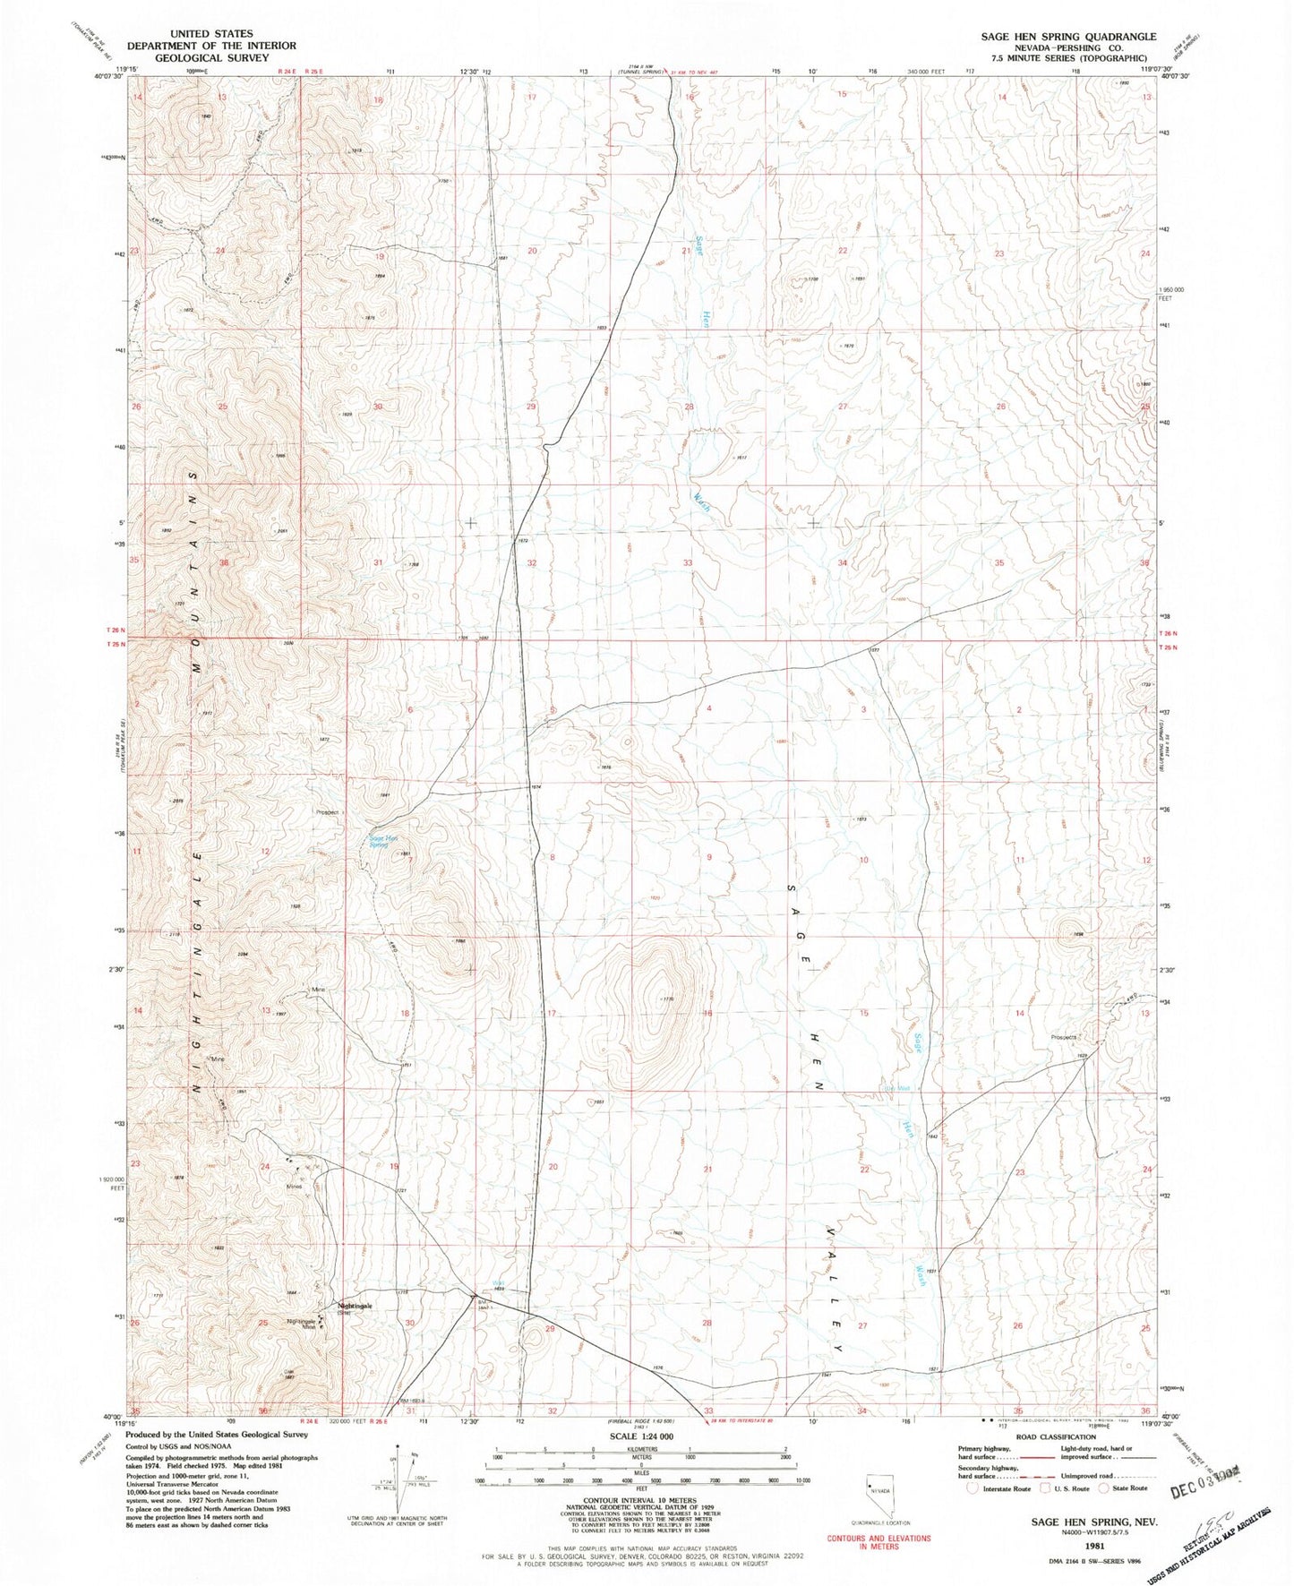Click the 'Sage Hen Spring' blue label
pos(383,842)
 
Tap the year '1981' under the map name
pos(1093,1548)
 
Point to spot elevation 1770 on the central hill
pos(666,999)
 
